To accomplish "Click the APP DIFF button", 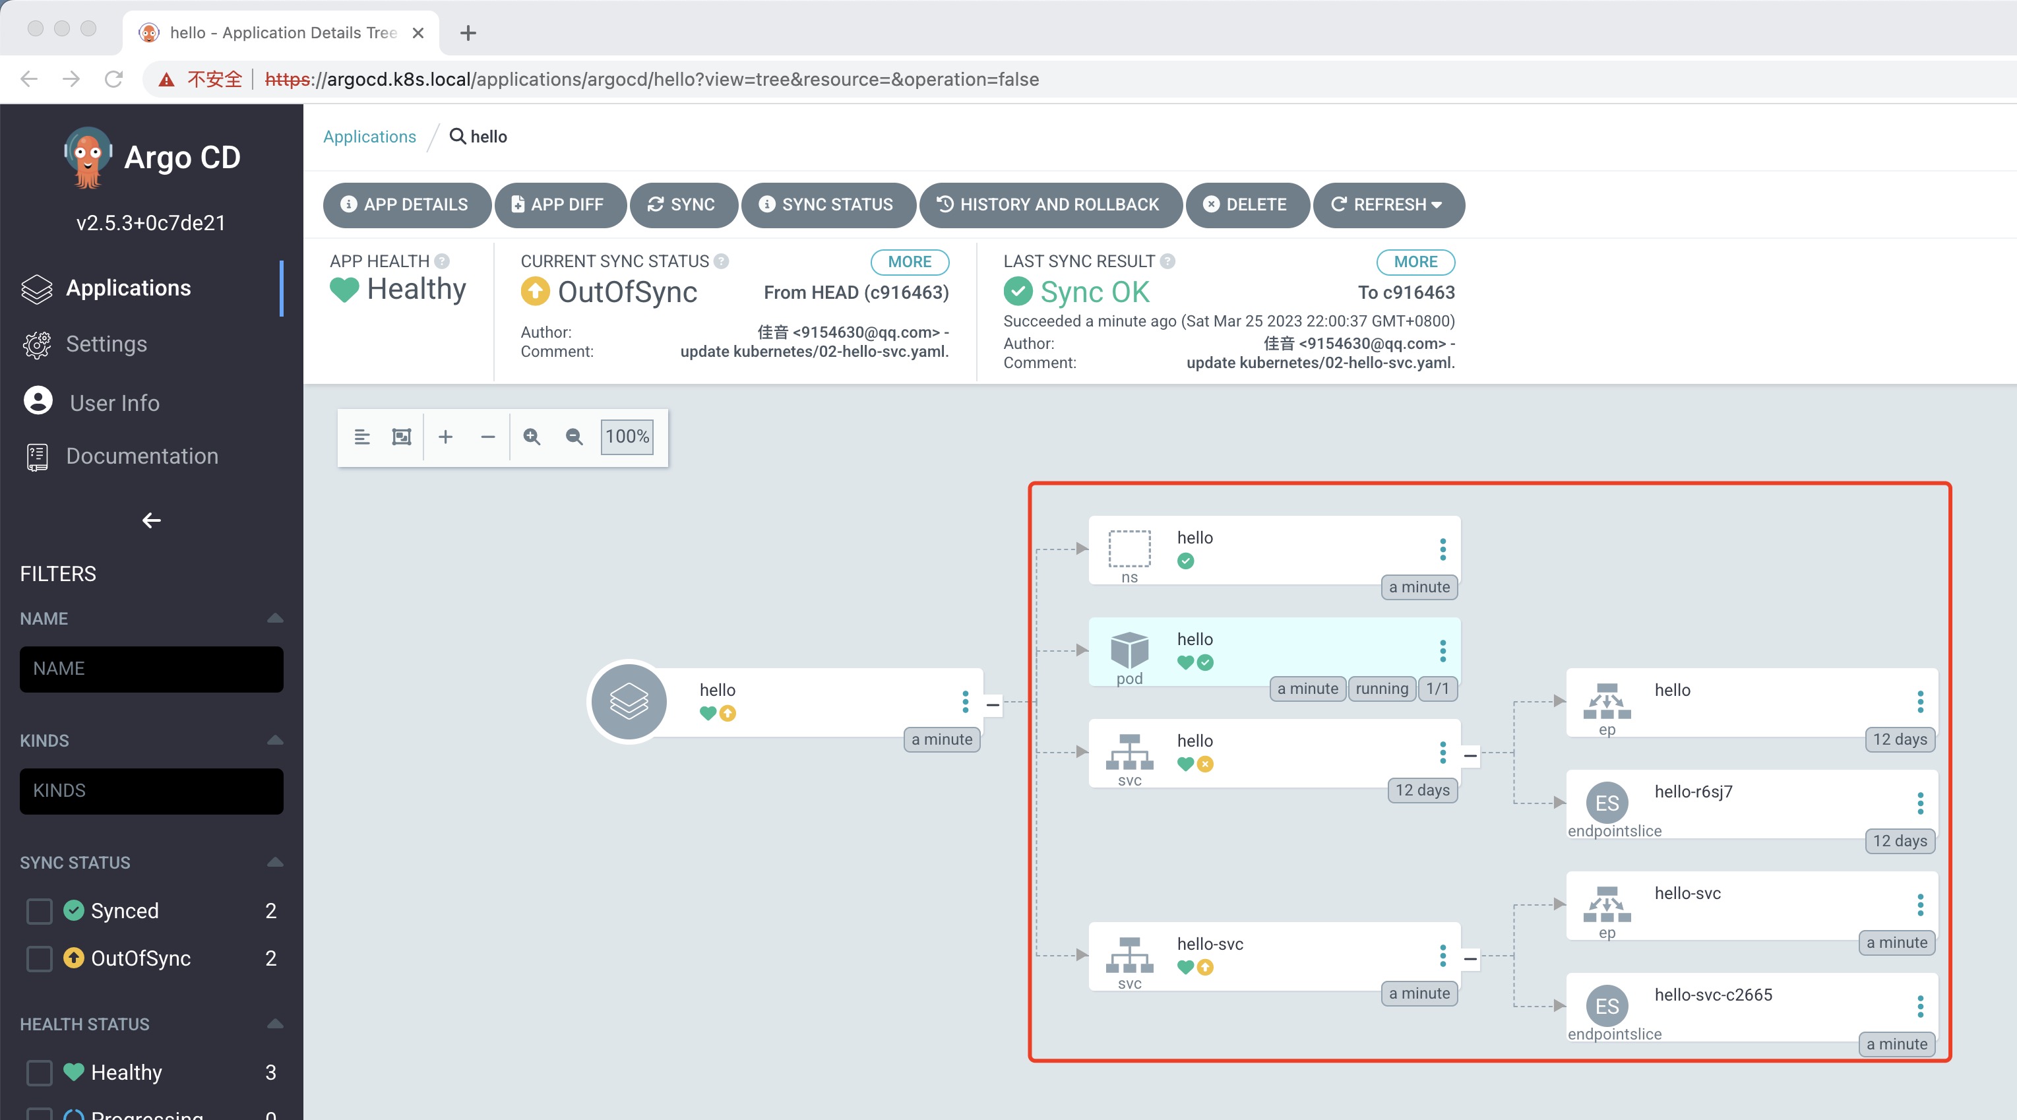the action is pyautogui.click(x=561, y=204).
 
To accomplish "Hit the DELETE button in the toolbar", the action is pyautogui.click(x=1247, y=204).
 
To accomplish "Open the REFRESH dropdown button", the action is pyautogui.click(x=1388, y=204).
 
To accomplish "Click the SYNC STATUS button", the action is pyautogui.click(x=828, y=204).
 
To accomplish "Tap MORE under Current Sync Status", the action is pyautogui.click(x=910, y=262).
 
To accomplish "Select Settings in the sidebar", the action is pyautogui.click(x=106, y=344).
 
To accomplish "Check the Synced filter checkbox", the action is pyautogui.click(x=39, y=911).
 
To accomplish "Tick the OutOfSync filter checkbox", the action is pyautogui.click(x=39, y=958).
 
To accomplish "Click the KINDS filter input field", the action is pyautogui.click(x=151, y=791).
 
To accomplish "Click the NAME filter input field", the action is pyautogui.click(x=151, y=669).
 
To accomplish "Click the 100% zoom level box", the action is pyautogui.click(x=627, y=436).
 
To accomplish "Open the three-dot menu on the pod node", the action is pyautogui.click(x=1443, y=650).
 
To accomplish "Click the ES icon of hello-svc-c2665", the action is pyautogui.click(x=1607, y=1007).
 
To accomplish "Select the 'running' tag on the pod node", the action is pyautogui.click(x=1382, y=689).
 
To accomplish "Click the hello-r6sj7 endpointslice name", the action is pyautogui.click(x=1694, y=792).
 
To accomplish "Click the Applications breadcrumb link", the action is pyautogui.click(x=369, y=137).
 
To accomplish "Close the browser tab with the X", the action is pyautogui.click(x=418, y=33).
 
